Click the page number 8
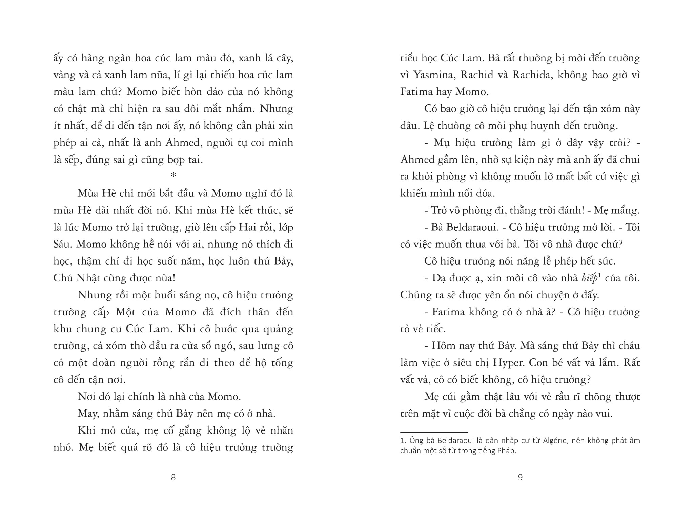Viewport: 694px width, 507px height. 173,477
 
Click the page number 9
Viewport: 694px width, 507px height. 520,477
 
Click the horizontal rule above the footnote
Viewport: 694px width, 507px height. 434,432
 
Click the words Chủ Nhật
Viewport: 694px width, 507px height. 77,278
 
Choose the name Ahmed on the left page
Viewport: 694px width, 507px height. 182,143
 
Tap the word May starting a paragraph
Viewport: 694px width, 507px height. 86,414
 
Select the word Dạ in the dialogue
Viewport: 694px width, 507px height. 439,278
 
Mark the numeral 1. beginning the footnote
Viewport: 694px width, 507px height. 403,441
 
